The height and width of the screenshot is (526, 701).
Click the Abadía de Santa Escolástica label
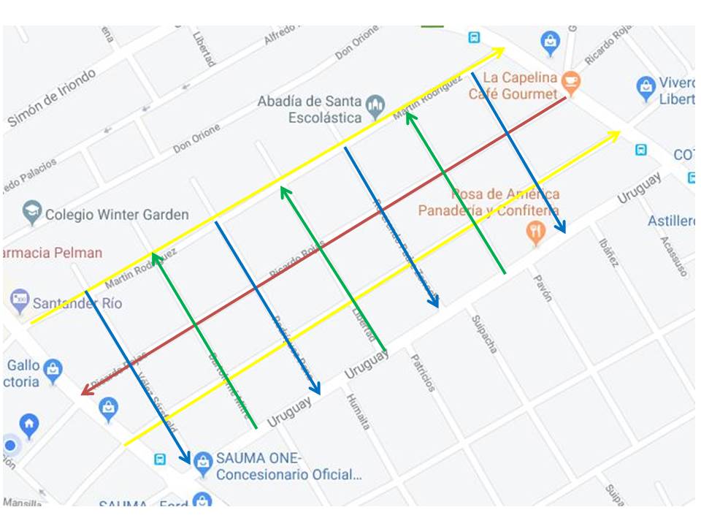point(309,109)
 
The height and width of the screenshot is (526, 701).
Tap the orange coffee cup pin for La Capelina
point(571,83)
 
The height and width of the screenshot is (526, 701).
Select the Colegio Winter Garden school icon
point(31,213)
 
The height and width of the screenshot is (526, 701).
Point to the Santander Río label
point(77,303)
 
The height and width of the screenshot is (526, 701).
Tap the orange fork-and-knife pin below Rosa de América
point(535,232)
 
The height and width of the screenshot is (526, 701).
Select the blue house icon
point(29,424)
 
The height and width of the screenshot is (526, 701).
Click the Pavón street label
point(542,288)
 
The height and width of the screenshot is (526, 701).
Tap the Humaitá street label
point(359,411)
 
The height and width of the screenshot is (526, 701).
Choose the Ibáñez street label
point(608,252)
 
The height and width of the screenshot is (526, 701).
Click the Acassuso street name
point(673,256)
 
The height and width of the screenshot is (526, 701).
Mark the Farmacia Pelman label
point(51,253)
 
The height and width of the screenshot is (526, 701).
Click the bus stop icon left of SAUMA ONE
point(160,459)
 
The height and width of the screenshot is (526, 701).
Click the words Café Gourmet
point(512,94)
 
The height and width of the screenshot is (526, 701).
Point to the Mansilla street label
point(22,503)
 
